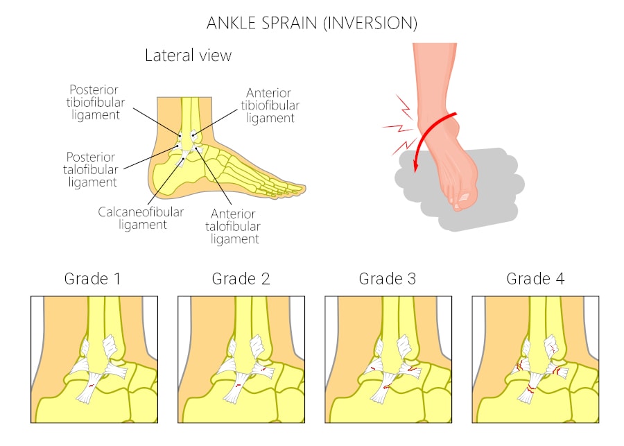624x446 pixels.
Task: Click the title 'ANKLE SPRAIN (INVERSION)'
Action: click(312, 23)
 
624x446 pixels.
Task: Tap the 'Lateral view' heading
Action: click(188, 55)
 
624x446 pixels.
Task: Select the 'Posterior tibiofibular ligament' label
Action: click(96, 103)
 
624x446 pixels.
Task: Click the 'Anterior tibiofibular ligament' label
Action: click(270, 105)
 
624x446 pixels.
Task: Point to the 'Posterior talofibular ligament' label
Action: click(91, 170)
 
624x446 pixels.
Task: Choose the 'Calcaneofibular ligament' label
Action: click(141, 218)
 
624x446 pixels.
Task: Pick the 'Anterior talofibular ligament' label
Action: click(233, 226)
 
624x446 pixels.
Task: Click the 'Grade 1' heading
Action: click(92, 279)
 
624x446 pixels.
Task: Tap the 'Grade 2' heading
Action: click(241, 279)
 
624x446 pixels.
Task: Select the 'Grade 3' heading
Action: click(387, 279)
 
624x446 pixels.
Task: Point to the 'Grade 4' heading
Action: click(535, 279)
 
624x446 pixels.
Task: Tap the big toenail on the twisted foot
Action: click(464, 197)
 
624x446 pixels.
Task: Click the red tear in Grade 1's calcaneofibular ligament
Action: click(91, 386)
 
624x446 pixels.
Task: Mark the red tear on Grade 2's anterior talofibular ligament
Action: click(263, 370)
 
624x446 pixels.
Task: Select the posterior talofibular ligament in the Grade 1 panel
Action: click(81, 366)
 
